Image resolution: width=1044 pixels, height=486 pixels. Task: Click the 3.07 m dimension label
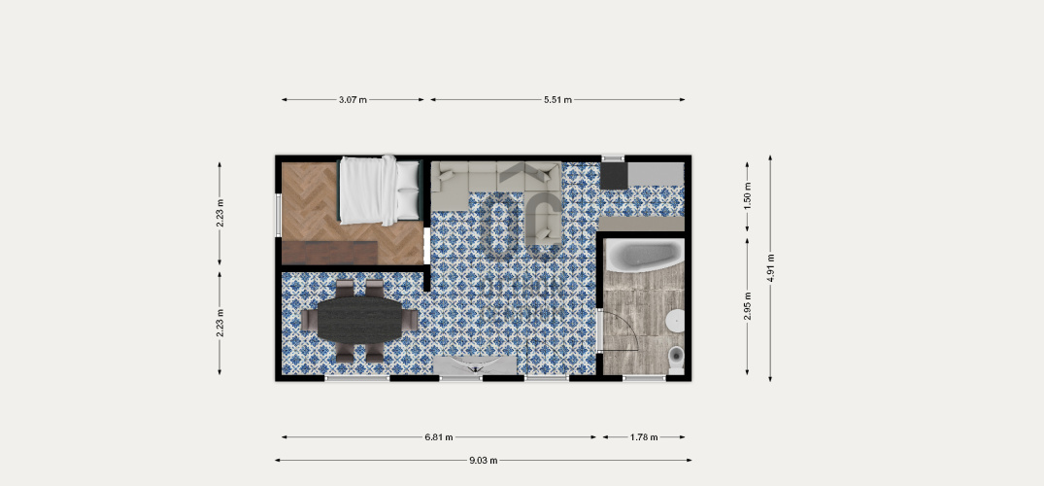[x=353, y=100]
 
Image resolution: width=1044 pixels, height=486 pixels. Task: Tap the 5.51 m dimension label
[x=558, y=100]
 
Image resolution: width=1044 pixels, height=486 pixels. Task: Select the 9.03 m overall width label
[x=484, y=460]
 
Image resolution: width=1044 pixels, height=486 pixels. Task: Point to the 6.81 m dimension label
[x=439, y=437]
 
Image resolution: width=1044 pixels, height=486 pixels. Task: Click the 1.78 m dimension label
[x=644, y=437]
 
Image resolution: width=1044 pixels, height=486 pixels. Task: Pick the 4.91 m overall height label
[x=770, y=268]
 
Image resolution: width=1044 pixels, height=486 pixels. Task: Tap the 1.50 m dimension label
[x=747, y=196]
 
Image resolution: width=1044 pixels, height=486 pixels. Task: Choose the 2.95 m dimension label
[x=747, y=306]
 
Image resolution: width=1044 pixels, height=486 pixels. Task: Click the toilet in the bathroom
[x=676, y=359]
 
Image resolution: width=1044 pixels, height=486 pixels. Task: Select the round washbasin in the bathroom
[x=675, y=321]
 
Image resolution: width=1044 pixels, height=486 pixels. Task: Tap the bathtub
[x=644, y=255]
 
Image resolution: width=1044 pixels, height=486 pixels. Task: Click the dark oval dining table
[x=360, y=320]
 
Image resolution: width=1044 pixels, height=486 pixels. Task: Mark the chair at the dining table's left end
[x=309, y=320]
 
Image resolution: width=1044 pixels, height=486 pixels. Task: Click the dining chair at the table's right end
[x=410, y=320]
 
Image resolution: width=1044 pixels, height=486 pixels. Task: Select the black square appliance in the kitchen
[x=614, y=176]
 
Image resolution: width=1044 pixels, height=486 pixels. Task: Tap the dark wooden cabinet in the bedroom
[x=329, y=253]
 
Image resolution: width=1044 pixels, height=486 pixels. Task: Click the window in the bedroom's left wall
[x=279, y=215]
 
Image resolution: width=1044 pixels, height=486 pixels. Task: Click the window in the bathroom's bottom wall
[x=644, y=378]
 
